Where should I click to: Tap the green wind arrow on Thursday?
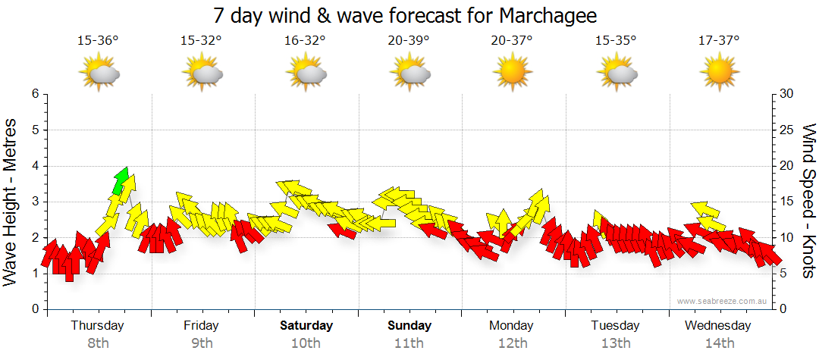120,180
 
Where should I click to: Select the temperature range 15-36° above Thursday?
98,41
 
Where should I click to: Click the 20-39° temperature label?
409,41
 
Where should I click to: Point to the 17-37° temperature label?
719,41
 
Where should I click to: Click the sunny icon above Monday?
512,73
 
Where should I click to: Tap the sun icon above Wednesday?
719,73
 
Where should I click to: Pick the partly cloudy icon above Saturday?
305,73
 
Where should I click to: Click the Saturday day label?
306,326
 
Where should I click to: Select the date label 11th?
409,343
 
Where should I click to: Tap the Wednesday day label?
717,326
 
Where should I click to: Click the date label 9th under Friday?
202,343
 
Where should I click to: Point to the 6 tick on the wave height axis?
34,94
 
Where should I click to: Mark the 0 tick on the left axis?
34,309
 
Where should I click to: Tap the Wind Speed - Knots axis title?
808,201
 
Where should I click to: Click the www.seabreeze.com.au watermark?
723,302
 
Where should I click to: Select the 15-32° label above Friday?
201,41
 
